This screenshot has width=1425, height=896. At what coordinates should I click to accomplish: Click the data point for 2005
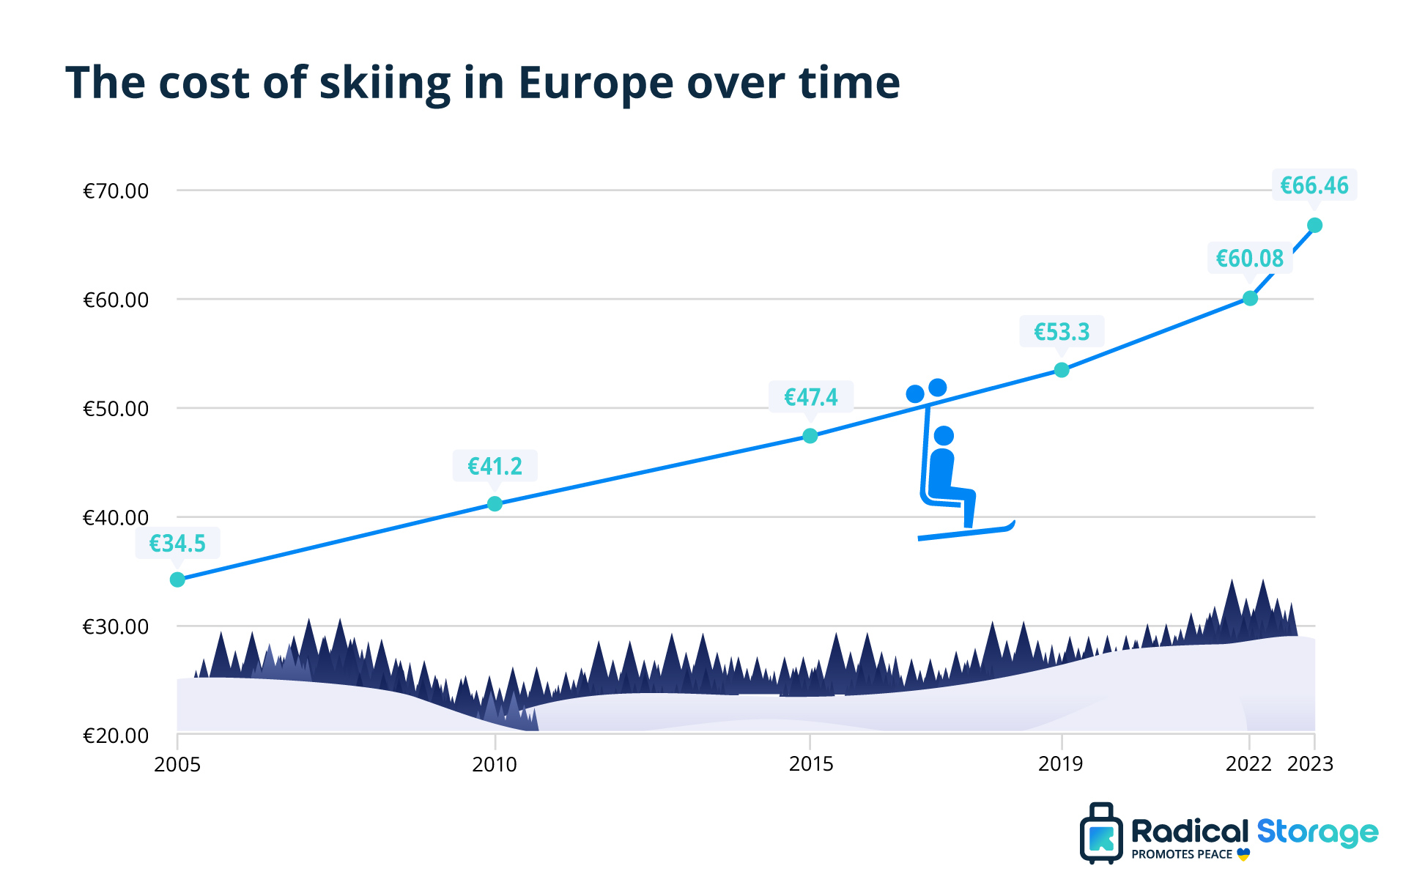point(177,580)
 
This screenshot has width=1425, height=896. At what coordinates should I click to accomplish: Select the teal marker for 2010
point(495,504)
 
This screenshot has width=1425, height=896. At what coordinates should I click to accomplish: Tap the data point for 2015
point(810,436)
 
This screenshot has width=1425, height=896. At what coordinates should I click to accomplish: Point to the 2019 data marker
point(1062,370)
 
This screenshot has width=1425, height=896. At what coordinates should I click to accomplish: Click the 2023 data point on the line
point(1314,225)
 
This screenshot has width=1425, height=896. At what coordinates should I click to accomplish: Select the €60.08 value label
point(1250,259)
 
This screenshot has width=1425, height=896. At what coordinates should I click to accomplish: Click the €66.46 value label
point(1314,185)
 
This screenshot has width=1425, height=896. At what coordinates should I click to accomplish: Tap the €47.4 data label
point(810,397)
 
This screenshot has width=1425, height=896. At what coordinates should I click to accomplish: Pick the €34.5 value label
point(177,544)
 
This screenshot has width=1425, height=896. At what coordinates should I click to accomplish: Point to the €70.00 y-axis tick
point(116,191)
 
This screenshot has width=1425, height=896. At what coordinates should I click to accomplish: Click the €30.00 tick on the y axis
point(116,627)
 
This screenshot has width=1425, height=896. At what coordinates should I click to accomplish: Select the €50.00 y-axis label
point(116,409)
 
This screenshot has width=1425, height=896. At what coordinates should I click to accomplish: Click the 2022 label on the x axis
point(1248,764)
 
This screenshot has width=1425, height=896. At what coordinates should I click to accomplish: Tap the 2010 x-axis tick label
point(495,764)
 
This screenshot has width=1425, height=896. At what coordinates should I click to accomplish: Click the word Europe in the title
point(595,84)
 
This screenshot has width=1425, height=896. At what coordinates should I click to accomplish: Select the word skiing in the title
point(385,84)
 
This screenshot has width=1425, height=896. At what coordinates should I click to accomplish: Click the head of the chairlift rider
point(944,436)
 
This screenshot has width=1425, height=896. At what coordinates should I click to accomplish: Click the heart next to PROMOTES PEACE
point(1243,854)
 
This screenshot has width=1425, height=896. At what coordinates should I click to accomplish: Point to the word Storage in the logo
point(1317,832)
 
